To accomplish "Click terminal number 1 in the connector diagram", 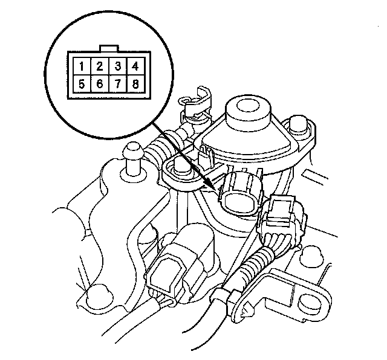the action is [82, 66].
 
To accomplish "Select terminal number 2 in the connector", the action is [99, 66].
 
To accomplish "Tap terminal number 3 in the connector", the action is [118, 66].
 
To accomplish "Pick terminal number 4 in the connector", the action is [135, 66].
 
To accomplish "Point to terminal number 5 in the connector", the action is [82, 84].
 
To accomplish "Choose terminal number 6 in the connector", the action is [99, 84].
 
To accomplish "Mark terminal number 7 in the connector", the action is [118, 84].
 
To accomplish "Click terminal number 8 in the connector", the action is [135, 84].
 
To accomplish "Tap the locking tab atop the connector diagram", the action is [109, 48].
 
